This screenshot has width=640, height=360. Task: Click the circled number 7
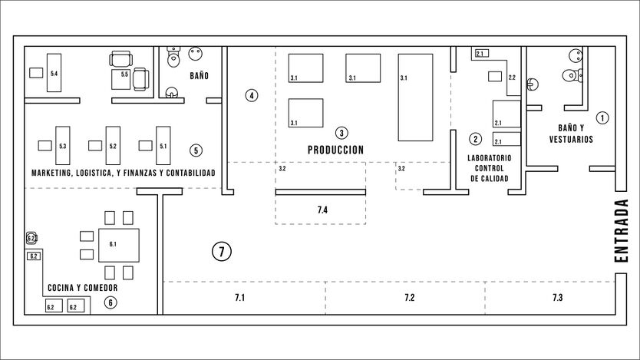tap(222, 252)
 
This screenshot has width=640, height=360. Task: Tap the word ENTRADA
tap(621, 231)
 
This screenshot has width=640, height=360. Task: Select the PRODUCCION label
tap(335, 150)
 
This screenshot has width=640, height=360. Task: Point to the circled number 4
tap(252, 95)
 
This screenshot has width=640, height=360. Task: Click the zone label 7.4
tap(322, 210)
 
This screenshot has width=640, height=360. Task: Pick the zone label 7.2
tap(409, 298)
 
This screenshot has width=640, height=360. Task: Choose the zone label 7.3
tap(558, 298)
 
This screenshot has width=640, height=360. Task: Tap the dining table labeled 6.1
tap(119, 246)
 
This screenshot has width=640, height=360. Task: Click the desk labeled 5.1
tap(163, 145)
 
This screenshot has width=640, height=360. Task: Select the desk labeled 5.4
tap(54, 73)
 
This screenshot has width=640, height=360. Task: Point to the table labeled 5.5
tap(121, 79)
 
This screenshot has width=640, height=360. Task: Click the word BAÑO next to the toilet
tap(200, 75)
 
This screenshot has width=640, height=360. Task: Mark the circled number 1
tap(602, 118)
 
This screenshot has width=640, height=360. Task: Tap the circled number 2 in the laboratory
tap(475, 139)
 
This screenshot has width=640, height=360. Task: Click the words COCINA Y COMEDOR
tap(83, 288)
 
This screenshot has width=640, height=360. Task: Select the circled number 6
tap(111, 302)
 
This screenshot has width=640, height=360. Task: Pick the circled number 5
tap(196, 150)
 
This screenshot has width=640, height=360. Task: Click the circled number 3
tap(341, 133)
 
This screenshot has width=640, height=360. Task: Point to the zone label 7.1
tap(239, 298)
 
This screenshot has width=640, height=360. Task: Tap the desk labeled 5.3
tap(62, 145)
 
